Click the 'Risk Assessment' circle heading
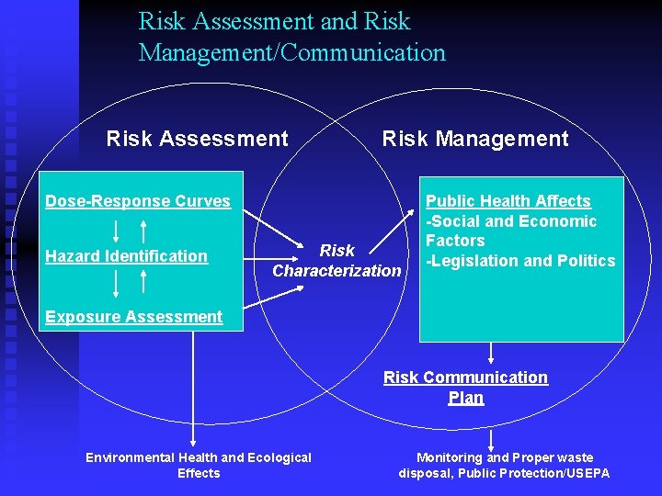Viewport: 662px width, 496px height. [x=197, y=139]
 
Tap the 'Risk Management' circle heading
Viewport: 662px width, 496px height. [x=475, y=139]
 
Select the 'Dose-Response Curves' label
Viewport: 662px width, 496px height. [x=138, y=201]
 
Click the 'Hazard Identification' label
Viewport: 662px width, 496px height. [x=127, y=256]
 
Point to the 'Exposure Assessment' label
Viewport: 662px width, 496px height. [x=134, y=317]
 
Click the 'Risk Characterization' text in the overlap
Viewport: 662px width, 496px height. [x=337, y=261]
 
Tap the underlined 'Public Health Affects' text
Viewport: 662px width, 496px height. [x=508, y=201]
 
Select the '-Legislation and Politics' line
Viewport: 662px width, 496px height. [x=520, y=261]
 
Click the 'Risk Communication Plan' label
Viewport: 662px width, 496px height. [x=465, y=388]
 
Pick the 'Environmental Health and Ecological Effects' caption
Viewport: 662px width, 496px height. [x=199, y=465]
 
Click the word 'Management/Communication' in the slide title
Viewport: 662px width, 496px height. [x=292, y=52]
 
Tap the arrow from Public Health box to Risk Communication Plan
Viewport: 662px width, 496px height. [x=492, y=354]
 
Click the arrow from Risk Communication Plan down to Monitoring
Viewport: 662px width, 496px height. [x=492, y=438]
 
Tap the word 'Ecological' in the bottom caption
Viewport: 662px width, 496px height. [x=275, y=457]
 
